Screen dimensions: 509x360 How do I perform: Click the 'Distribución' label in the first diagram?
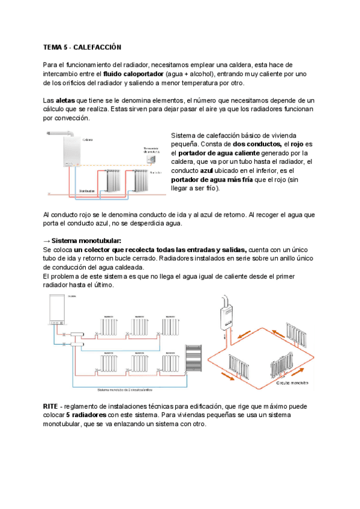point(88,190)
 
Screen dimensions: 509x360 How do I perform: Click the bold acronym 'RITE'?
point(52,406)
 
